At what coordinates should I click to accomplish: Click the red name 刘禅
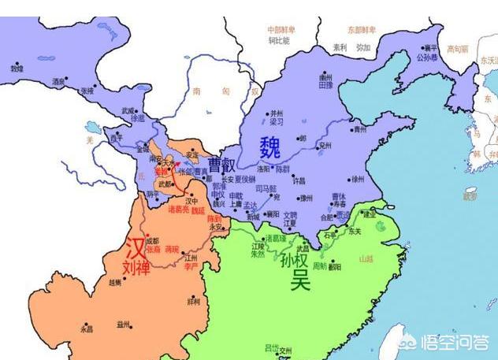click(x=136, y=269)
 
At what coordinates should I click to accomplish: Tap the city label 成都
click(x=151, y=240)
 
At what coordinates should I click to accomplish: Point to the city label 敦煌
click(x=17, y=69)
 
